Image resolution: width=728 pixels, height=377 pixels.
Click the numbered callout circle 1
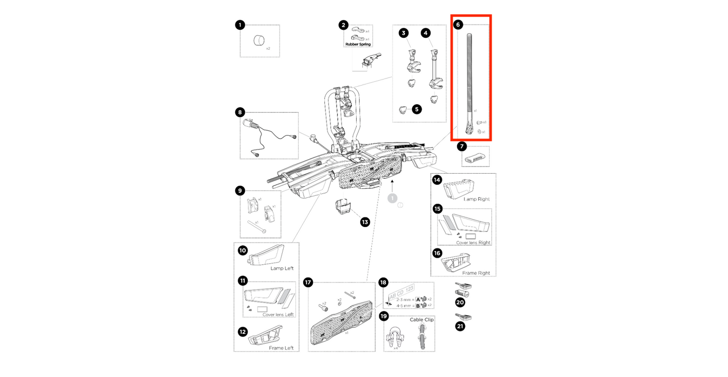click(240, 25)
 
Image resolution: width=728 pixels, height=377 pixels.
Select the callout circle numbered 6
click(457, 24)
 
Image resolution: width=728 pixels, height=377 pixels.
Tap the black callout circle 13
click(365, 222)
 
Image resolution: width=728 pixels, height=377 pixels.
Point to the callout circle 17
click(308, 282)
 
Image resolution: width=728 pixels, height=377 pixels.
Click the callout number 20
click(460, 302)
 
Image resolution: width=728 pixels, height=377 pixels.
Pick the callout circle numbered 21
click(460, 326)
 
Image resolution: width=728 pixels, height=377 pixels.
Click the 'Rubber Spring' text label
click(358, 44)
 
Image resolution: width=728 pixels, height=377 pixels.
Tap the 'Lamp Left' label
click(282, 268)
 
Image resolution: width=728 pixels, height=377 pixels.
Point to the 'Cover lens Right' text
click(473, 243)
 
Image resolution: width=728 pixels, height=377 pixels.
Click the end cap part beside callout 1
click(259, 40)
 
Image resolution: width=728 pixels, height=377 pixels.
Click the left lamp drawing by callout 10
click(266, 256)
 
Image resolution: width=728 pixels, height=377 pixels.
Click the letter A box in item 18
click(418, 299)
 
